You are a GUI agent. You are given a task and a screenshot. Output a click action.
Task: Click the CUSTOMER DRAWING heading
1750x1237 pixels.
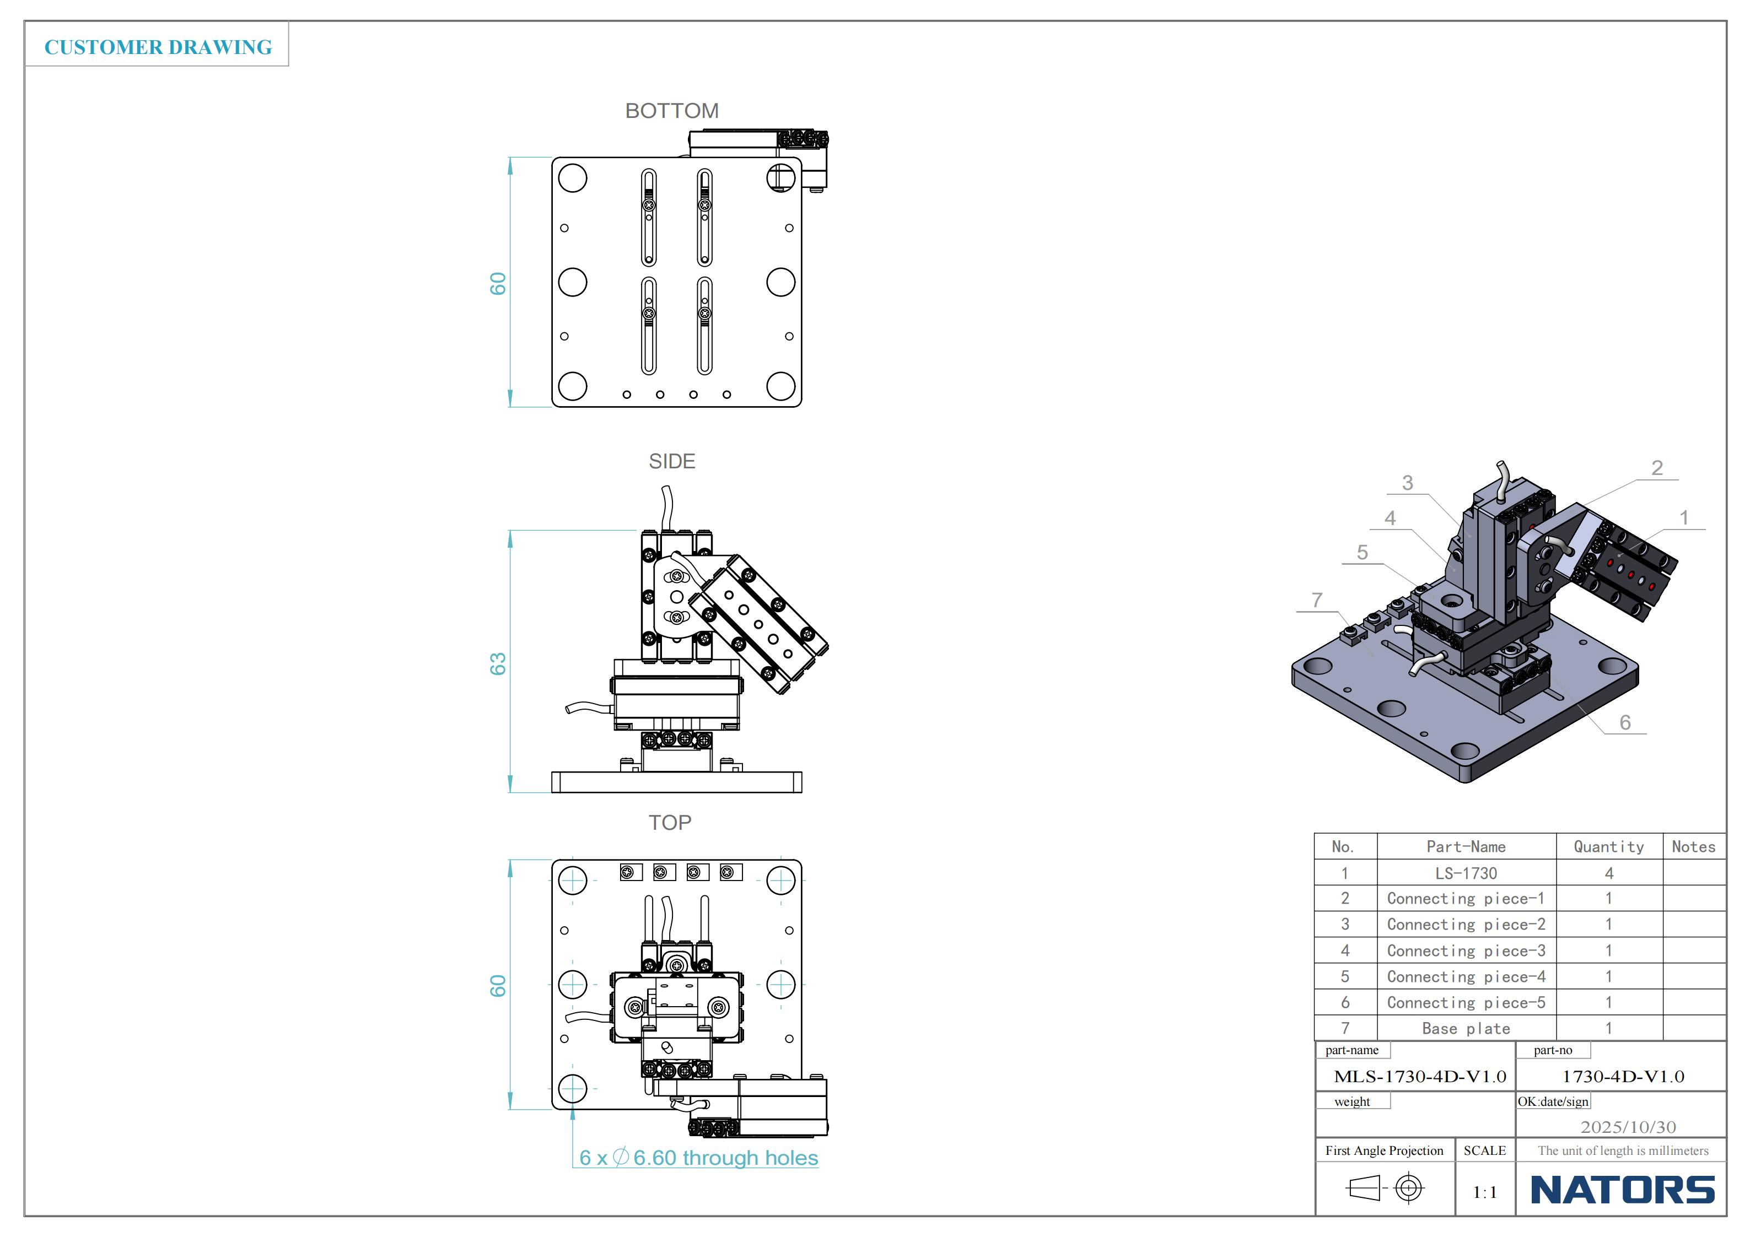(x=158, y=47)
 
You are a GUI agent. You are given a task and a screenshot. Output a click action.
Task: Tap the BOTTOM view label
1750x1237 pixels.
(x=671, y=111)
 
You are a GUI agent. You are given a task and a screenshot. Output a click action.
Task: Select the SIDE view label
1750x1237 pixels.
(x=671, y=462)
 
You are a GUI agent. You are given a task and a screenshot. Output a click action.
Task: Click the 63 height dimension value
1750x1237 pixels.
(x=498, y=664)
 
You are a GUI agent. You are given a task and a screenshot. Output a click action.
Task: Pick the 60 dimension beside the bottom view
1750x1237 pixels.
(x=498, y=284)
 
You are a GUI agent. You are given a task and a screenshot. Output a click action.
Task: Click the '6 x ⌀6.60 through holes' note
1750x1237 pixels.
(x=698, y=1158)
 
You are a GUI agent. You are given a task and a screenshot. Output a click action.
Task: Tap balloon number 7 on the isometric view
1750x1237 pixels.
(x=1316, y=601)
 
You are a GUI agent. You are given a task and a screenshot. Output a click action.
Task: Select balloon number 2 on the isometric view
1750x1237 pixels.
(x=1656, y=468)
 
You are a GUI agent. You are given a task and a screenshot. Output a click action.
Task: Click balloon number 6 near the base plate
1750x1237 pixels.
(x=1625, y=722)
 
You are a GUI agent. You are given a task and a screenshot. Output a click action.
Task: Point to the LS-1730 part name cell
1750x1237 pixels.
(x=1466, y=873)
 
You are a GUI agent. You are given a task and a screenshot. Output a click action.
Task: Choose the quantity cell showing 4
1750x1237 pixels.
(x=1608, y=873)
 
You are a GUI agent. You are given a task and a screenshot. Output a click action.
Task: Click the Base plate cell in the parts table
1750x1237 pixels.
(x=1466, y=1029)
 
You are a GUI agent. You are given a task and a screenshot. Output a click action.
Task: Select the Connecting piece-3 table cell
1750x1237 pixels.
(x=1466, y=951)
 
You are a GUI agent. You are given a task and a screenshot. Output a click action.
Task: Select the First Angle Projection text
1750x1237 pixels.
(x=1384, y=1151)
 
